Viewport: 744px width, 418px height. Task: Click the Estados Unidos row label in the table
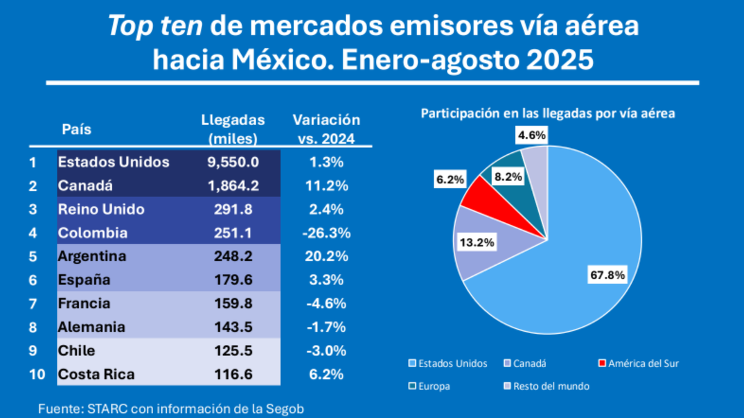113,162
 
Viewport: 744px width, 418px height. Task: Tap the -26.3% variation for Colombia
327,233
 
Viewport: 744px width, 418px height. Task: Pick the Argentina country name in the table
92,256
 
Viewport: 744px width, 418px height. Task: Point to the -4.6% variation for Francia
327,303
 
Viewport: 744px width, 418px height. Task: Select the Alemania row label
91,327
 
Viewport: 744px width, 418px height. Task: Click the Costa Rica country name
96,374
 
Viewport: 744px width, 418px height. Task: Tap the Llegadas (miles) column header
233,128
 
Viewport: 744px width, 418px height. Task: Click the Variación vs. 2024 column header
326,128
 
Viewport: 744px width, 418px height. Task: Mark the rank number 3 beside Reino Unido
33,209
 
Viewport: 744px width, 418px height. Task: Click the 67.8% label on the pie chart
608,274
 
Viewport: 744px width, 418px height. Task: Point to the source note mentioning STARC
171,408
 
